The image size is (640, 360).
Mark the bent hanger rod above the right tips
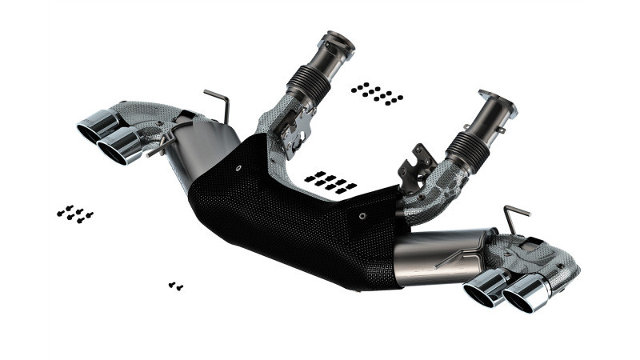coord(514,214)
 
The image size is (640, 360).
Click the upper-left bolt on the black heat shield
coord(241,169)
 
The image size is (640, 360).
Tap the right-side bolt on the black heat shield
coord(362,215)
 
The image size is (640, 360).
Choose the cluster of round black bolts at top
coord(376,93)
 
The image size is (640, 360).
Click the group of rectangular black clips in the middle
coord(330,181)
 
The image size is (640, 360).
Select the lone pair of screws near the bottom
coord(176,286)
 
